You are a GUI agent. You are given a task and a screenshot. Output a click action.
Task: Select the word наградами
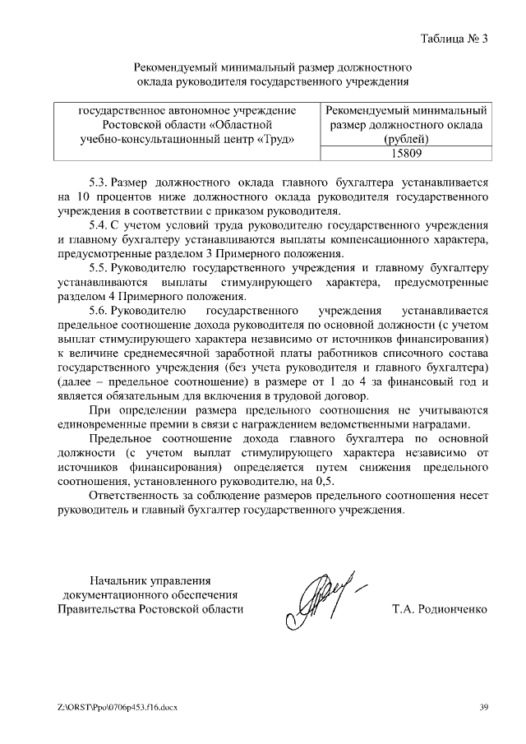pos(440,424)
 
